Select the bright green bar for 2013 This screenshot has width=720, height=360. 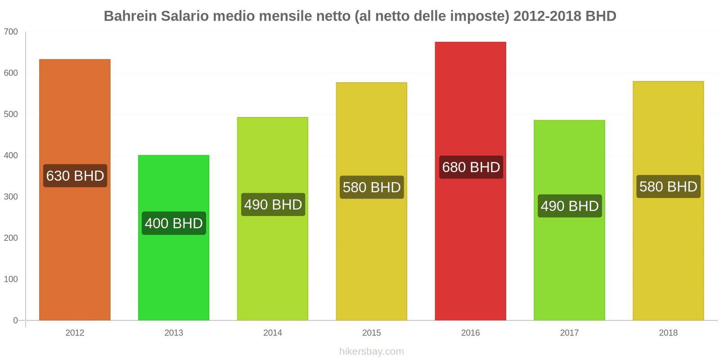click(x=174, y=270)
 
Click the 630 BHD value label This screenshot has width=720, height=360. click(x=75, y=175)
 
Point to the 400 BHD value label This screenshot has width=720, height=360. click(x=174, y=223)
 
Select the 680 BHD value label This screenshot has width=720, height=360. click(x=471, y=167)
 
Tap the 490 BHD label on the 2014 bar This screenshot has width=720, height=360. click(x=273, y=205)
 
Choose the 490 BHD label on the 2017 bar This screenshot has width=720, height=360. click(x=570, y=206)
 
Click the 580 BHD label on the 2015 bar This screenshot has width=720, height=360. click(x=372, y=187)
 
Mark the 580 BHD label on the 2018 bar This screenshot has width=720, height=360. click(x=668, y=186)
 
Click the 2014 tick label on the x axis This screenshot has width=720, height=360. click(x=273, y=333)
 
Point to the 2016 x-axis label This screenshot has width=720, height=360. click(x=470, y=333)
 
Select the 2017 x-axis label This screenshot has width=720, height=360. click(x=569, y=333)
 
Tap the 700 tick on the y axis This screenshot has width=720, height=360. click(x=11, y=32)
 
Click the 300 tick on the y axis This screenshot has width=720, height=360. click(x=11, y=197)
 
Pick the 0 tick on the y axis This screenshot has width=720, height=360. click(x=15, y=320)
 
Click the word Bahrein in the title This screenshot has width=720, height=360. click(x=130, y=16)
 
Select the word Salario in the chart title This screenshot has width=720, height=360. click(x=184, y=16)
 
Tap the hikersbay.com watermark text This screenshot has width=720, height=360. click(x=372, y=351)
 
